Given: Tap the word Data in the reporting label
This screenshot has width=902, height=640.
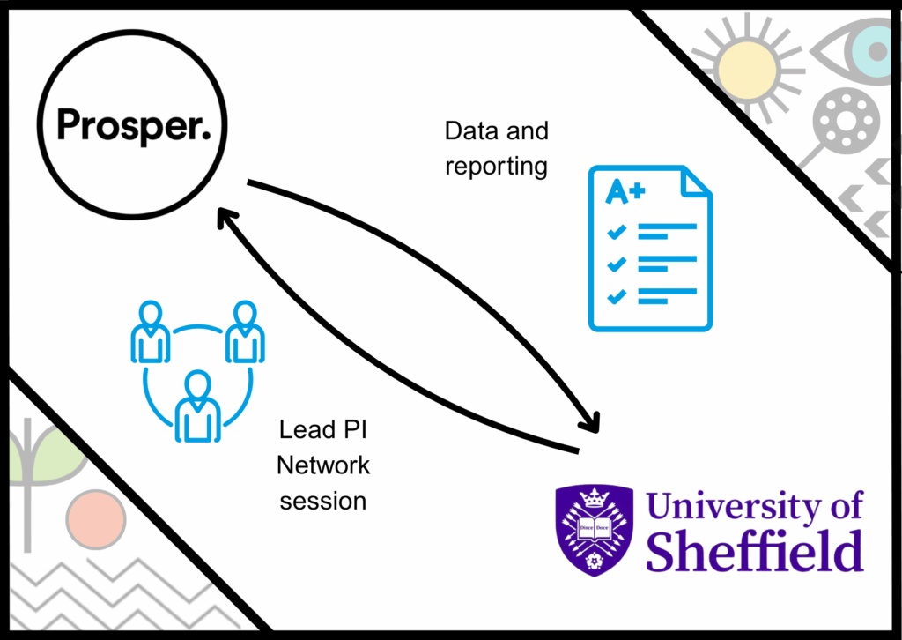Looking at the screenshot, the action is coord(471,131).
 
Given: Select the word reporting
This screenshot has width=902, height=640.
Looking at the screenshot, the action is coord(496,167).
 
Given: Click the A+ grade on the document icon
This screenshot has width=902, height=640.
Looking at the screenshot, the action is coord(625,191).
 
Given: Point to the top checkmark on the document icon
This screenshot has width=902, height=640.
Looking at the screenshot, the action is coord(617,232).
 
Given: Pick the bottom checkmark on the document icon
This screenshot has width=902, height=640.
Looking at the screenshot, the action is coord(617,296).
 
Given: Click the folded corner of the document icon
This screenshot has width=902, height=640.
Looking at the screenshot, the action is coord(696,182).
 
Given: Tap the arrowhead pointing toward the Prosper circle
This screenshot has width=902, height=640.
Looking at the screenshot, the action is coord(226,219).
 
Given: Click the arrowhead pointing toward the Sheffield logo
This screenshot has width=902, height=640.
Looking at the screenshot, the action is coord(590,422).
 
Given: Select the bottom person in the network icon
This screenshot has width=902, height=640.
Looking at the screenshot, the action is coord(198,407).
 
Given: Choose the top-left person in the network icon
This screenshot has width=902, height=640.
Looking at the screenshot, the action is coord(150,332).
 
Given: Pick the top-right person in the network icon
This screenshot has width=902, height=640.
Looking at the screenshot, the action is coord(245,332).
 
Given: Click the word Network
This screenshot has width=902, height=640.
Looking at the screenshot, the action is coord(323,465).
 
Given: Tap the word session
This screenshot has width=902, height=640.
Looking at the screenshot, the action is coord(323,502).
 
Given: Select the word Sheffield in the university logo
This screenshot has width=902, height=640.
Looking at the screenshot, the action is coord(755,551).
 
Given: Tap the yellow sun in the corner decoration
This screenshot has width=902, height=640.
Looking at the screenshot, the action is coord(747,70).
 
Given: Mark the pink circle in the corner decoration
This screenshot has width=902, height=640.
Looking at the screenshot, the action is coord(96,519).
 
